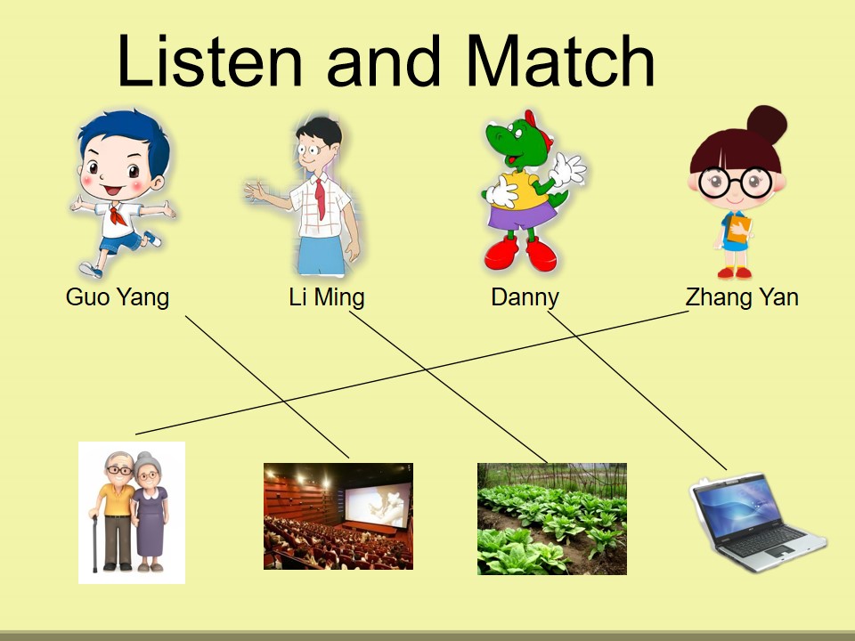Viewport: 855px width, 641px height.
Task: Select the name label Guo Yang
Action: pyautogui.click(x=118, y=297)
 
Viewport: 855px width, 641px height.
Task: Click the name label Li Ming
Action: pyautogui.click(x=327, y=297)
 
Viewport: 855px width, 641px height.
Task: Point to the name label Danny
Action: pyautogui.click(x=525, y=297)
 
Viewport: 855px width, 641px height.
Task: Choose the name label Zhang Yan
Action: pyautogui.click(x=742, y=297)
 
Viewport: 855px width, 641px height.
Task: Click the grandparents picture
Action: pyautogui.click(x=132, y=513)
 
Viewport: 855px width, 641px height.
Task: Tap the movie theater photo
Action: pyautogui.click(x=338, y=516)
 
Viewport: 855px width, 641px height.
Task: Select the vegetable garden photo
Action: pyautogui.click(x=552, y=518)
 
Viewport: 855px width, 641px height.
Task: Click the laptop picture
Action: pyautogui.click(x=758, y=523)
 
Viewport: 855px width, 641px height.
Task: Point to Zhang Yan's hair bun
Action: pyautogui.click(x=767, y=125)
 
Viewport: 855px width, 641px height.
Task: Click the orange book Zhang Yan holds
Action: pyautogui.click(x=738, y=229)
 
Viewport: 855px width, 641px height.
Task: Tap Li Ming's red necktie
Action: pyautogui.click(x=320, y=199)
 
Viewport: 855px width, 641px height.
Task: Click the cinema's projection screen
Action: pyautogui.click(x=378, y=505)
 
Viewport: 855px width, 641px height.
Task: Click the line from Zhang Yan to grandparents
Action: pyautogui.click(x=412, y=372)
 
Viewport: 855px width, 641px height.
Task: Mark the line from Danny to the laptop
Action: pyautogui.click(x=637, y=390)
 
